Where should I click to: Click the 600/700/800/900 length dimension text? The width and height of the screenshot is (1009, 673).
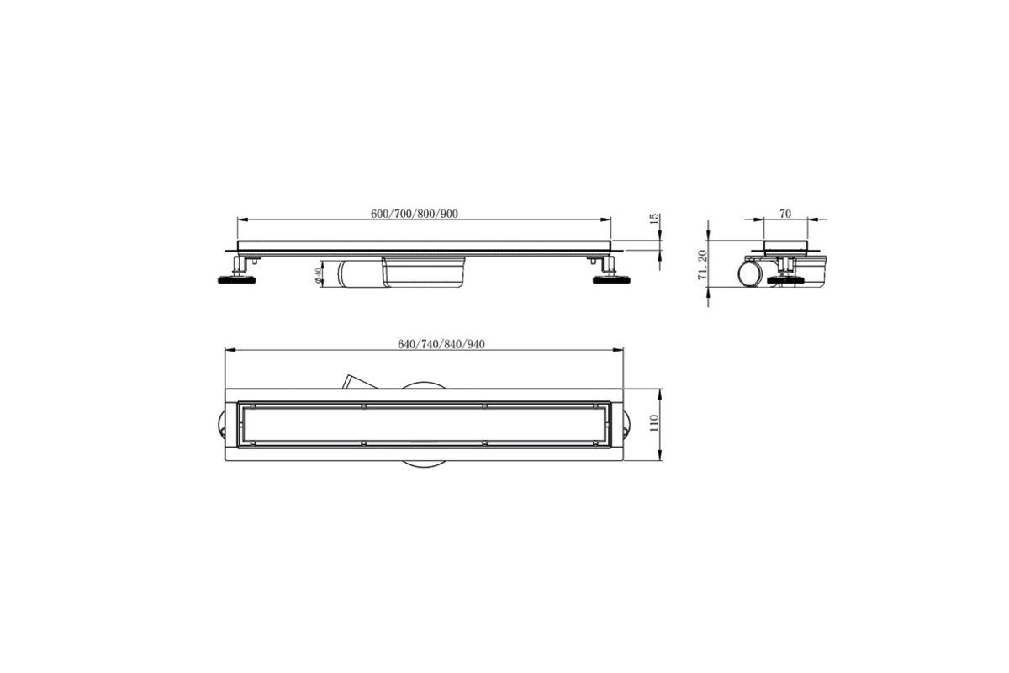415,214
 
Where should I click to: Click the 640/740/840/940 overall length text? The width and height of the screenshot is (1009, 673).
441,344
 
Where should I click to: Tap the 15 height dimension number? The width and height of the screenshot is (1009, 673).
655,219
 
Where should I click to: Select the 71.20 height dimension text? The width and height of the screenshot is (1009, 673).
702,265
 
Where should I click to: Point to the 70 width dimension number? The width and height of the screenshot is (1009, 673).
784,214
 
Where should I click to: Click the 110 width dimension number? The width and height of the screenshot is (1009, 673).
654,423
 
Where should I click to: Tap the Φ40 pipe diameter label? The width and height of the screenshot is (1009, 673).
318,276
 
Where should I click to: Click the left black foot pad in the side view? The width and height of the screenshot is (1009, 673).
237,280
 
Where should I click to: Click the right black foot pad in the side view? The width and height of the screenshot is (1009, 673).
610,280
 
